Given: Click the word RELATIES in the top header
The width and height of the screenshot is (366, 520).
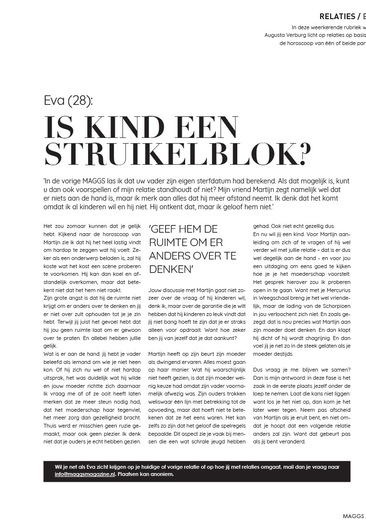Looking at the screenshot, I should click(337, 17).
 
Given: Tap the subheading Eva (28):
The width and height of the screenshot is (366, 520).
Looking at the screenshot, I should click(68, 101).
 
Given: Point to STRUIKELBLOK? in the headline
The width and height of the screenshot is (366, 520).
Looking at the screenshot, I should click(177, 153).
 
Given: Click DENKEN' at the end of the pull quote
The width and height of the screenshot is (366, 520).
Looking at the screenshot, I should click(171, 269).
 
